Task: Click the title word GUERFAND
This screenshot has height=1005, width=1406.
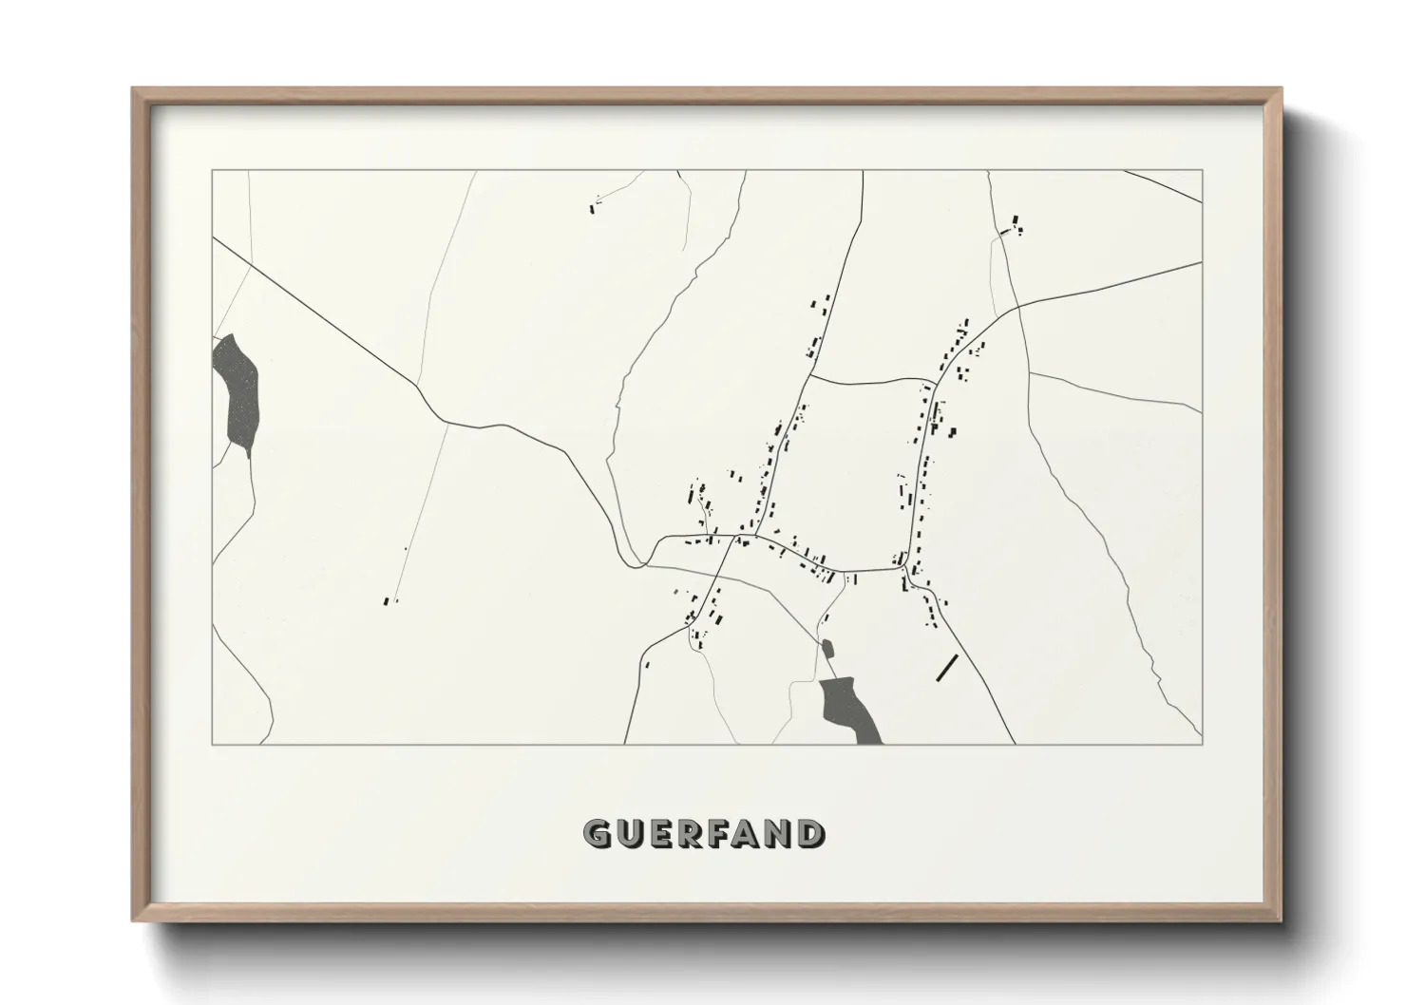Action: tap(704, 833)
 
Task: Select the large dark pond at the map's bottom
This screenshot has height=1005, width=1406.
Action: tap(848, 708)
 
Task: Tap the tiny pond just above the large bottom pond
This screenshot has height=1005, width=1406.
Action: tap(826, 649)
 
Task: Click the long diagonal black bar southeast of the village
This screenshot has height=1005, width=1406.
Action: tap(946, 667)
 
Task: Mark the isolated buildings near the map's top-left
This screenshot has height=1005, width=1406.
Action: tap(597, 203)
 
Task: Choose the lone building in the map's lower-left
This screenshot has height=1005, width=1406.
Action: tap(387, 600)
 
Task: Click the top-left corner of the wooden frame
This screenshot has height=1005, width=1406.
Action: tap(134, 89)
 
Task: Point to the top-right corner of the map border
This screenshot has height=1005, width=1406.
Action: tap(1202, 170)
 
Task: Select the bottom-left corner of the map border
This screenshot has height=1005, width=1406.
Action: tap(212, 744)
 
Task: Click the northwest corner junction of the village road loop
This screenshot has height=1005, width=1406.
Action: tap(808, 377)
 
